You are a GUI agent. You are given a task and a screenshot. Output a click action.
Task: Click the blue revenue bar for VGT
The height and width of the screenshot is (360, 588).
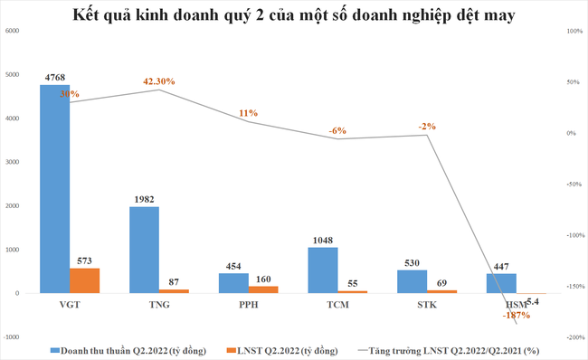54,189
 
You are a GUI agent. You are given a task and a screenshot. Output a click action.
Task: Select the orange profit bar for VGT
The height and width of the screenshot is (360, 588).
85,280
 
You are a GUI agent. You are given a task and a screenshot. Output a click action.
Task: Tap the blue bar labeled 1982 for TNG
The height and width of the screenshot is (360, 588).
144,250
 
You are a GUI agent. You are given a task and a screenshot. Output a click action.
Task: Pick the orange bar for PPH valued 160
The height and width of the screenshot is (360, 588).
264,289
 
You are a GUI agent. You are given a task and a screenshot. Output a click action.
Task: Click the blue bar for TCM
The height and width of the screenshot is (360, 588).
323,270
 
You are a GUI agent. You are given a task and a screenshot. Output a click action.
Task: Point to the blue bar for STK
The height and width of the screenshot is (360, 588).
413,281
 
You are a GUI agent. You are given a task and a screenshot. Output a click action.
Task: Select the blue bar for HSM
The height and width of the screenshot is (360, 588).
502,283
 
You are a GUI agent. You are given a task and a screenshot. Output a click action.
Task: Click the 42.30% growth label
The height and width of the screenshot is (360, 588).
159,81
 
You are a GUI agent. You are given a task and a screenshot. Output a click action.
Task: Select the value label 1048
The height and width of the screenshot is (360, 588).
323,240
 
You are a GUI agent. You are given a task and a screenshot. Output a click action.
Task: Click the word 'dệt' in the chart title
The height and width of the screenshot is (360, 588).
452,14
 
